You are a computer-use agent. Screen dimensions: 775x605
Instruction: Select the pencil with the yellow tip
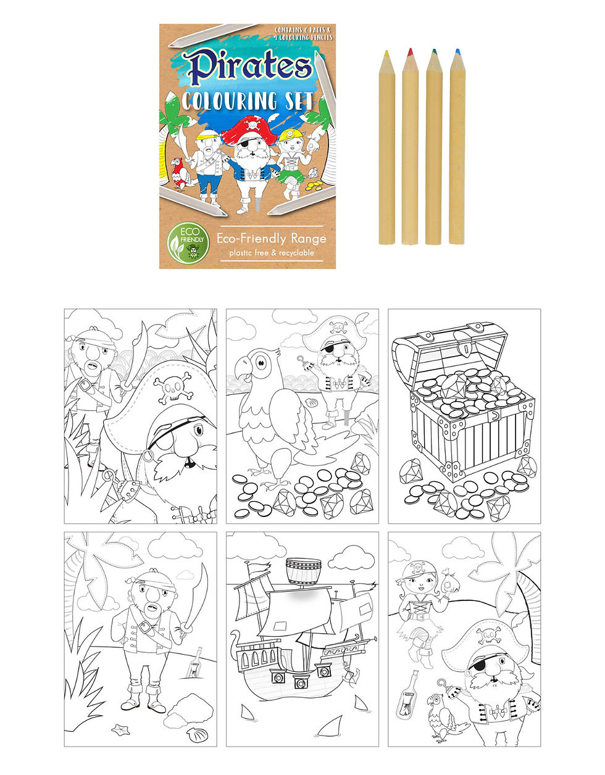pyautogui.click(x=386, y=148)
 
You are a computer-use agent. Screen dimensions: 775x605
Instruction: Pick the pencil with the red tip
pyautogui.click(x=410, y=148)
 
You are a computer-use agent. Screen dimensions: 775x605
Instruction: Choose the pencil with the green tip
pyautogui.click(x=433, y=148)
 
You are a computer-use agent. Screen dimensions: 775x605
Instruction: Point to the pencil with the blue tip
pyautogui.click(x=457, y=148)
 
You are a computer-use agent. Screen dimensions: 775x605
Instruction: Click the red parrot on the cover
pyautogui.click(x=179, y=173)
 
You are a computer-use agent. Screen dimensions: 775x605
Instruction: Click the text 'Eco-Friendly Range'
pyautogui.click(x=271, y=238)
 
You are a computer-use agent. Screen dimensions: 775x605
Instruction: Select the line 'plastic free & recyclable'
pyautogui.click(x=271, y=252)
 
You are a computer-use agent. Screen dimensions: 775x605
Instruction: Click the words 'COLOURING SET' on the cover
pyautogui.click(x=247, y=100)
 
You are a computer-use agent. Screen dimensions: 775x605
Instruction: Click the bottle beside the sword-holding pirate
pyautogui.click(x=197, y=661)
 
